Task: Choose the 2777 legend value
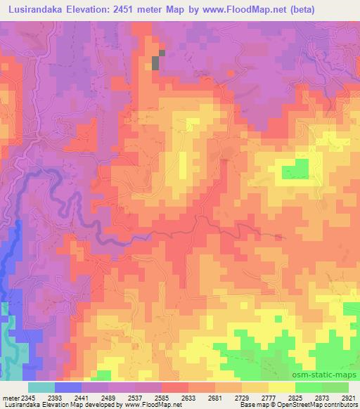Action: [x=282, y=398]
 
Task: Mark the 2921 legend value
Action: [x=349, y=398]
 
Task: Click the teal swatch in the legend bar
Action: [x=41, y=387]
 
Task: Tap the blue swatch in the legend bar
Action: [x=67, y=387]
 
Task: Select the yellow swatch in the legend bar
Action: [x=281, y=387]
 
